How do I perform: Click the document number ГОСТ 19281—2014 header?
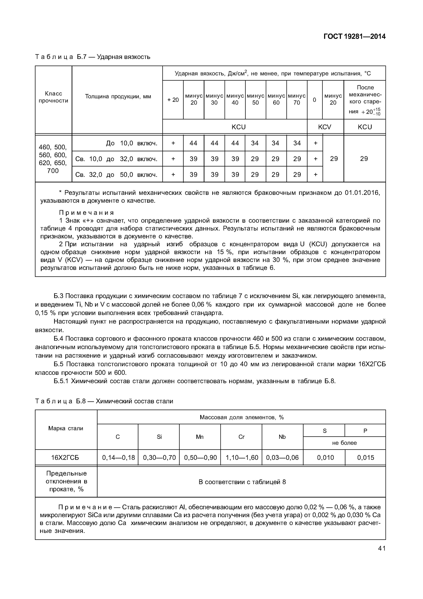pyautogui.click(x=354, y=37)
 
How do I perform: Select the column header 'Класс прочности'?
pyautogui.click(x=53, y=97)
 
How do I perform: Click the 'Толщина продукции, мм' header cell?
pyautogui.click(x=118, y=96)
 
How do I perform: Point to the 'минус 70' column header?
pyautogui.click(x=297, y=99)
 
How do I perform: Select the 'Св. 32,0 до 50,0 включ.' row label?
pyautogui.click(x=116, y=175)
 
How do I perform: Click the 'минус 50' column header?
pyautogui.click(x=255, y=99)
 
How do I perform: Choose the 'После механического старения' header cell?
pyautogui.click(x=365, y=99)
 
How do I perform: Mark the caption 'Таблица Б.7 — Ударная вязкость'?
pyautogui.click(x=93, y=57)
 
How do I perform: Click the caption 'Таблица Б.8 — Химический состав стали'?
pyautogui.click(x=104, y=401)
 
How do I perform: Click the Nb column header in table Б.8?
pyautogui.click(x=282, y=437)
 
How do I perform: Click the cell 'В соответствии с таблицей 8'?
pyautogui.click(x=242, y=482)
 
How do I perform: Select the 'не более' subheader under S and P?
pyautogui.click(x=344, y=443)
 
